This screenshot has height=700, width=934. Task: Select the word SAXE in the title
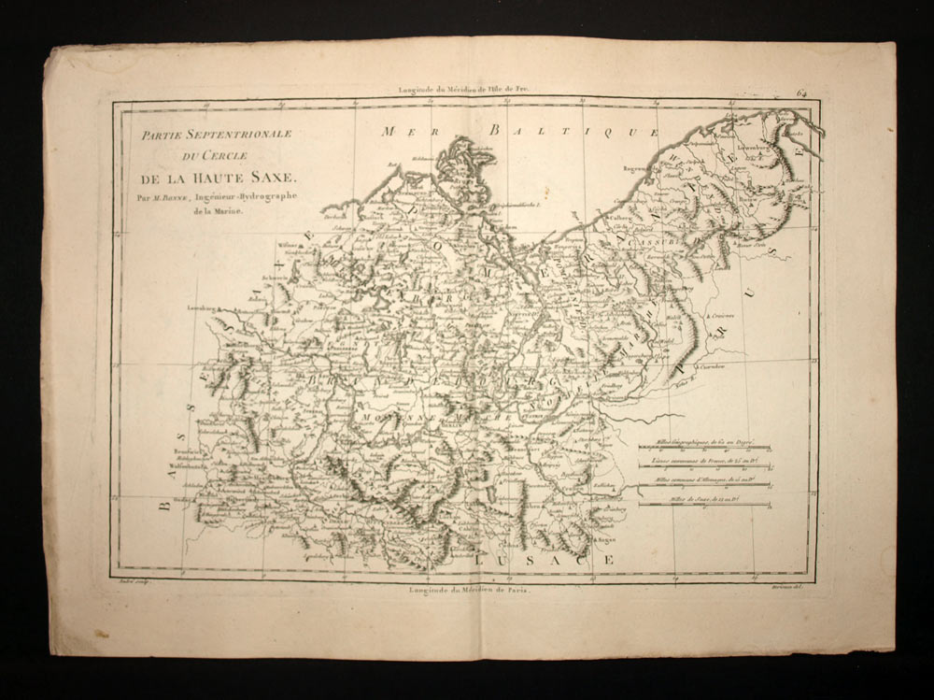click(271, 176)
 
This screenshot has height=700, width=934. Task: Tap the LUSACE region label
click(544, 558)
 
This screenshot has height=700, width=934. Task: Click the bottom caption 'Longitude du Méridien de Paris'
click(468, 590)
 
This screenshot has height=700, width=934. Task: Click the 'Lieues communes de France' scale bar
click(705, 465)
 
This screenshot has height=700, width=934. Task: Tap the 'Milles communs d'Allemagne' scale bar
click(705, 485)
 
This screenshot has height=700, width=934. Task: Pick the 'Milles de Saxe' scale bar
click(705, 505)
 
